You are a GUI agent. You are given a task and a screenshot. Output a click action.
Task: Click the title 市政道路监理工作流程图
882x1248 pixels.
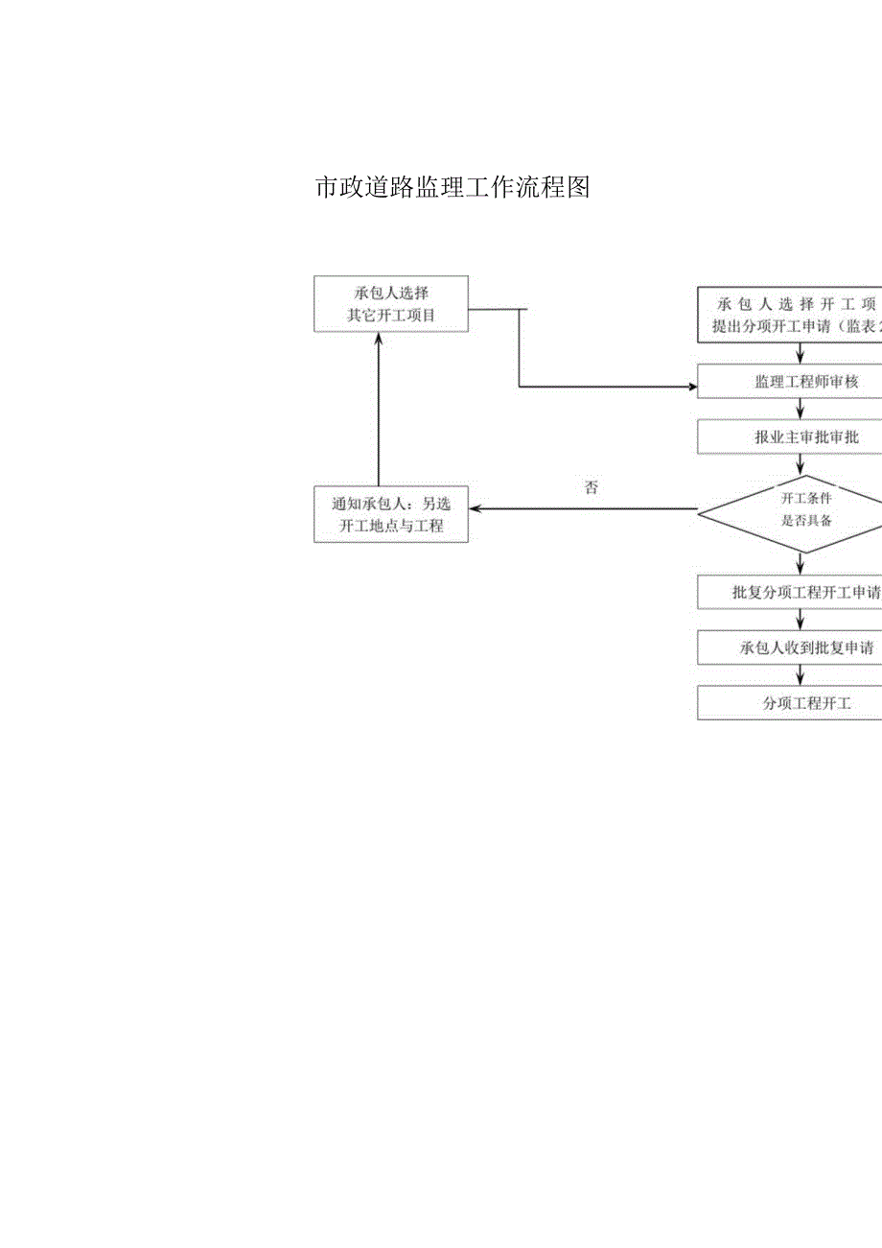point(452,187)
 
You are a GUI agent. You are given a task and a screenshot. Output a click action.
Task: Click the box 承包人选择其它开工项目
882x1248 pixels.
point(391,304)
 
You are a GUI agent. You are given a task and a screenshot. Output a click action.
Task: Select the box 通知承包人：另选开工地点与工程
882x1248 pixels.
point(391,515)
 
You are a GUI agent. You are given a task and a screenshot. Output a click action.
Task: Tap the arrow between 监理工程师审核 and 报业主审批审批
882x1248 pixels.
point(801,410)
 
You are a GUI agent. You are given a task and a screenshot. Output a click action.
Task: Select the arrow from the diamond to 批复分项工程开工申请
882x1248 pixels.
point(801,564)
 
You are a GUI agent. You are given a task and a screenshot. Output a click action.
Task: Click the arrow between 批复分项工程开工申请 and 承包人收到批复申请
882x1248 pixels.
point(801,620)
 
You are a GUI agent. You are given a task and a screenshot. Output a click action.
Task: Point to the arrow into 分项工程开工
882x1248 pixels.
point(801,675)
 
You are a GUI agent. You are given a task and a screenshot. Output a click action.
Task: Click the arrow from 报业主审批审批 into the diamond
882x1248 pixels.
point(801,464)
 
